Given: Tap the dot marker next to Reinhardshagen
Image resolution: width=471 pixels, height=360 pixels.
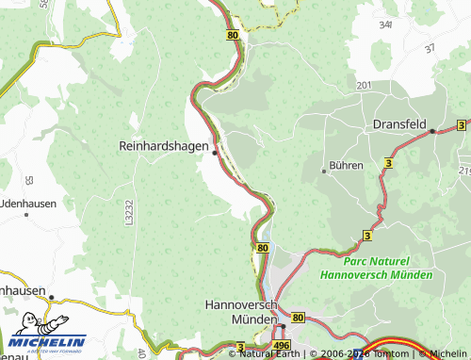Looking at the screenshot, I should [x=216, y=152].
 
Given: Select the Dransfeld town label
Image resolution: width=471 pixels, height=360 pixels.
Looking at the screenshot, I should [x=400, y=123].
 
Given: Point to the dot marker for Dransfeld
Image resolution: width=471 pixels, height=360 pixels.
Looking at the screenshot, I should [x=432, y=132].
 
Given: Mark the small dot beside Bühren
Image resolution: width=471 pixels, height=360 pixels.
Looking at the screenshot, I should [x=324, y=171].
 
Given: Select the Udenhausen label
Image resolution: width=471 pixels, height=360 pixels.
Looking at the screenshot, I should [x=28, y=203].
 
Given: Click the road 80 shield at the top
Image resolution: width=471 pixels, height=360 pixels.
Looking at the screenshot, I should [x=233, y=34].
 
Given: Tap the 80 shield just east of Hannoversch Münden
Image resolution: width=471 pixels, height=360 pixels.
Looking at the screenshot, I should [x=299, y=319].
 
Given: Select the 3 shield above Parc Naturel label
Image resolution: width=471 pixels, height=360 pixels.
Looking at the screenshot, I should [x=367, y=235].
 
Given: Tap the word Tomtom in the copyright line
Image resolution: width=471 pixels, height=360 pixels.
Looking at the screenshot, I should [x=385, y=354].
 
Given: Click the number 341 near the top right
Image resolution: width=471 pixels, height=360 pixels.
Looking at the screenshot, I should [x=384, y=26].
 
